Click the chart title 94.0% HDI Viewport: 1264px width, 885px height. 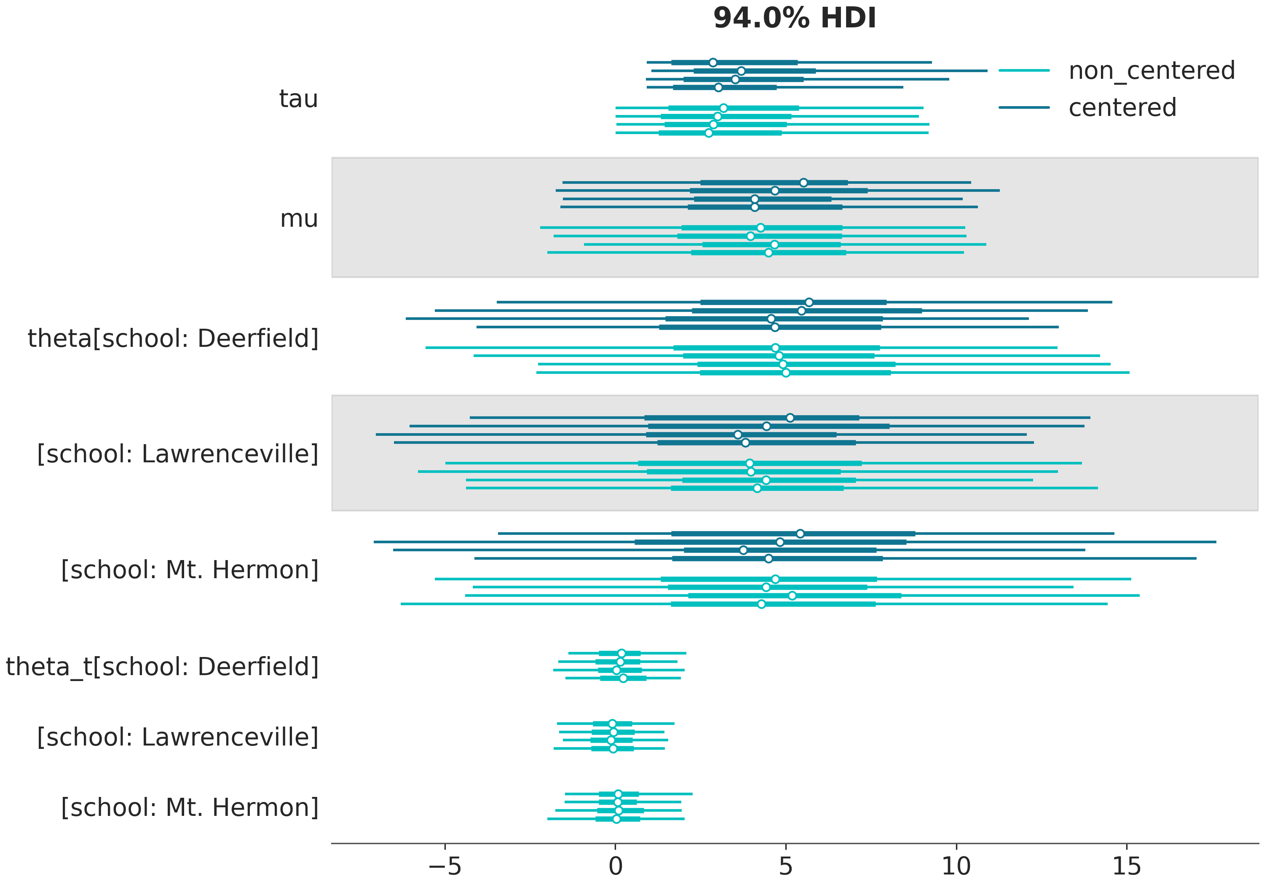(794, 18)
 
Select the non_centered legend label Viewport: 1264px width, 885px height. (1152, 70)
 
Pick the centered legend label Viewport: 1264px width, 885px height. (1122, 107)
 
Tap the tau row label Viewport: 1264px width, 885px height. (298, 99)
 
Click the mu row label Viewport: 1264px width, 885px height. (299, 219)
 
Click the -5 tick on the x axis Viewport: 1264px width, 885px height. (445, 866)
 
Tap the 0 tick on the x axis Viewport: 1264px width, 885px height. (616, 866)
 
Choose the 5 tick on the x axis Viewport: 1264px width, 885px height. (786, 866)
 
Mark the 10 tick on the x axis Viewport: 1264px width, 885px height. (956, 866)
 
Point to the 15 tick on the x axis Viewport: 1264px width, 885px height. (1126, 866)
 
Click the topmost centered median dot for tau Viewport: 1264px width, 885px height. (713, 62)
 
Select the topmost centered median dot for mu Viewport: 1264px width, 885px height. (803, 182)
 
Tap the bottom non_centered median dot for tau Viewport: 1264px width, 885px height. (709, 133)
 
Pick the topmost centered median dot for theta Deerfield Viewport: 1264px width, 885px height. (809, 302)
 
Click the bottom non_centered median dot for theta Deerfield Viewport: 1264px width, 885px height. (786, 373)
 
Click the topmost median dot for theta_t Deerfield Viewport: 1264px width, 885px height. (621, 653)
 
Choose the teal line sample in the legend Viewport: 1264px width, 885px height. (1024, 70)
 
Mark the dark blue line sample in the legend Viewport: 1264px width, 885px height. (1024, 107)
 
